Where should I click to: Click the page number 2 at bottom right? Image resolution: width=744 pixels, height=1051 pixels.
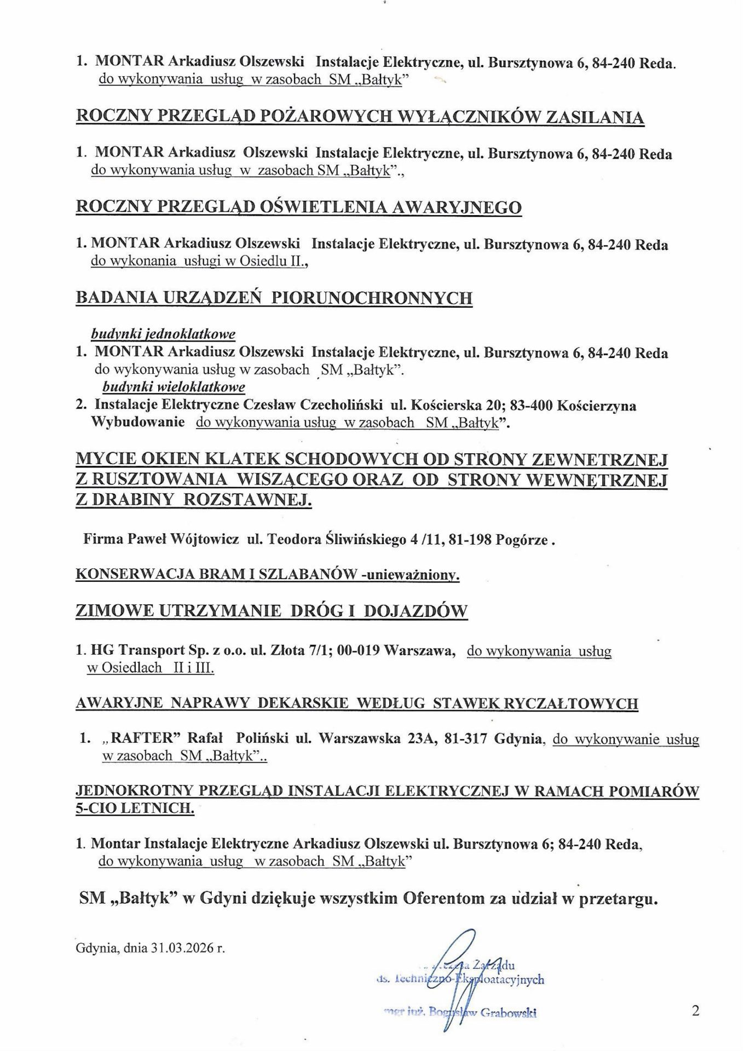pos(695,1010)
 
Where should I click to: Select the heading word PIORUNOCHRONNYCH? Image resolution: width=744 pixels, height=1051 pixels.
pos(372,298)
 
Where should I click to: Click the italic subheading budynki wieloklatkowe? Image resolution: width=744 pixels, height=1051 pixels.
pos(174,387)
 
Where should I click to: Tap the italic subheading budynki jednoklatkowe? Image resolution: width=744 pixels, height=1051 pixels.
pos(163,334)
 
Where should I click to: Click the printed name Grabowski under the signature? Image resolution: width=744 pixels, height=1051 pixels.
pos(508,1013)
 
